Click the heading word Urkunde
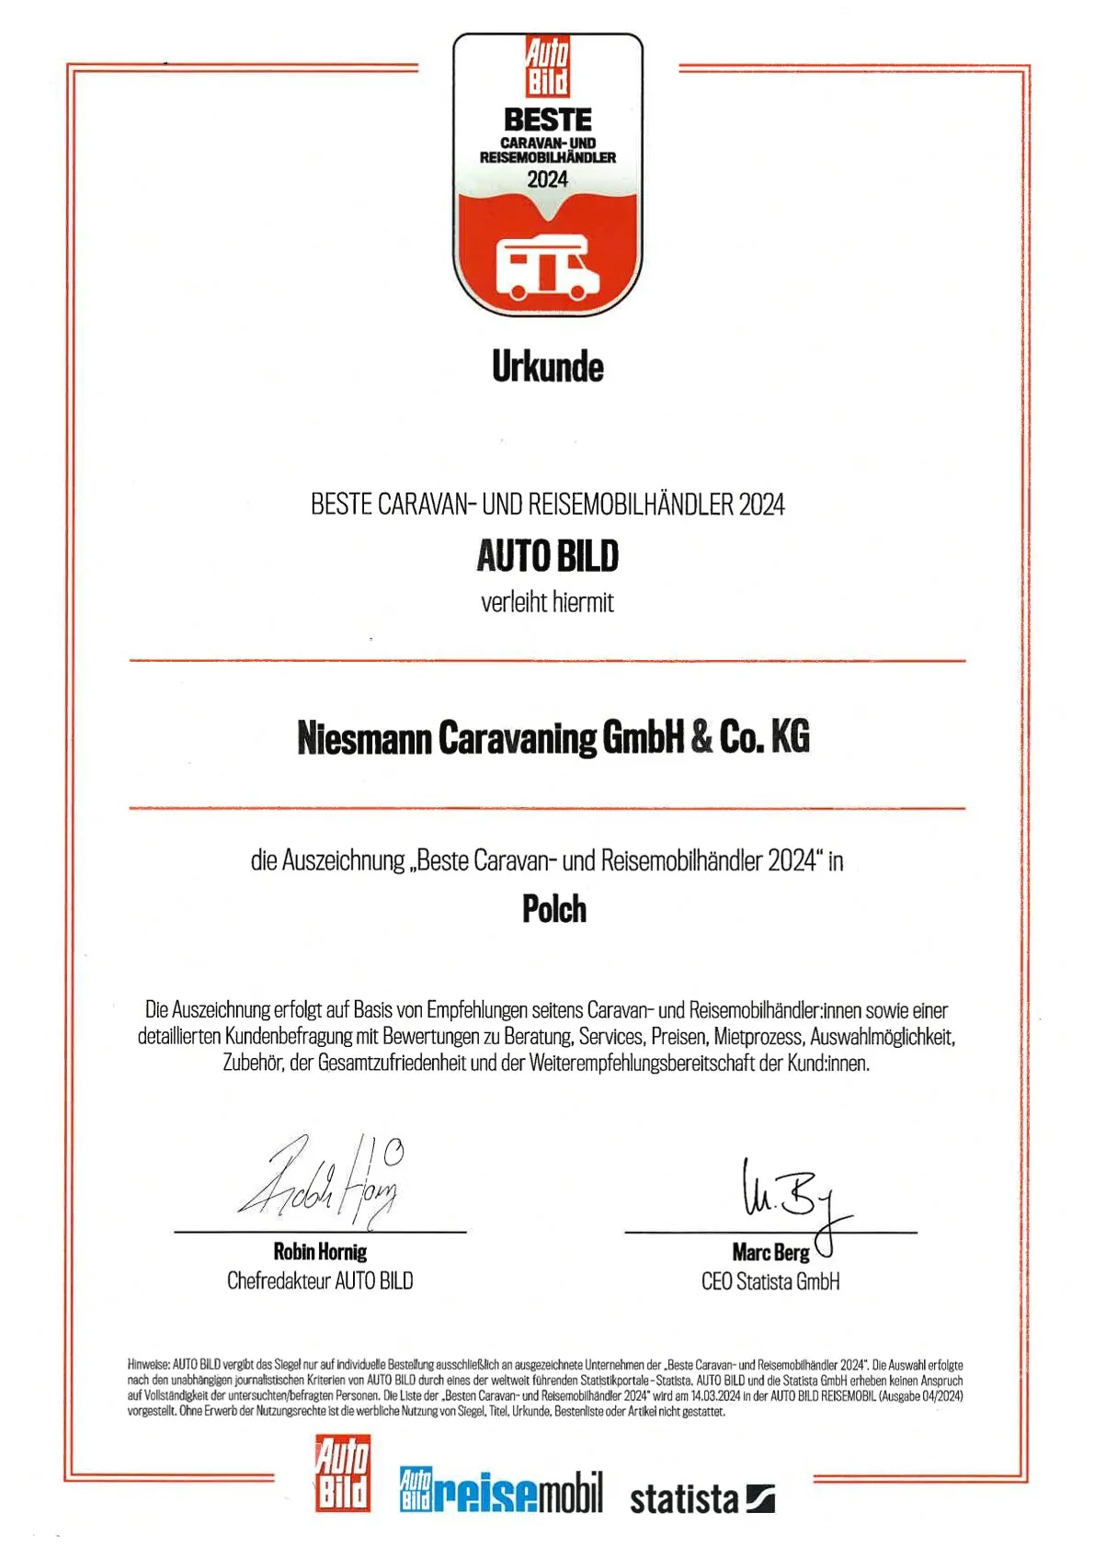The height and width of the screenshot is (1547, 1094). (x=547, y=368)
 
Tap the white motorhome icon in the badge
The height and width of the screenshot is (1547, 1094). (x=547, y=268)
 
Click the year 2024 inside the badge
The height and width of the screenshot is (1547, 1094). (x=547, y=179)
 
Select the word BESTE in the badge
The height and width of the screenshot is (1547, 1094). (x=547, y=119)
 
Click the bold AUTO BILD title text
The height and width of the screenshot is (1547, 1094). (x=547, y=556)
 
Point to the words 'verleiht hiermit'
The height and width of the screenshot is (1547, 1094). (x=547, y=603)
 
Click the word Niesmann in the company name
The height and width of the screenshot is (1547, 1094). (x=364, y=738)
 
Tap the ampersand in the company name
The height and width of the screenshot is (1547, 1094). (x=701, y=737)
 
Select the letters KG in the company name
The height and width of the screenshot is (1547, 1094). (x=790, y=737)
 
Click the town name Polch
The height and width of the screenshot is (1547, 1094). (x=553, y=910)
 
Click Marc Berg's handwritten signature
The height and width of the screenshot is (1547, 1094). (x=791, y=1195)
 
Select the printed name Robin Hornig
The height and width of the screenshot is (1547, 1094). (x=320, y=1252)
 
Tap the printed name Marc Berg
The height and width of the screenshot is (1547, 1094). (x=770, y=1253)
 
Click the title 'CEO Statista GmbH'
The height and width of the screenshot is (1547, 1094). (x=770, y=1281)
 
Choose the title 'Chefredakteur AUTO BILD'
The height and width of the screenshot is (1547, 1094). (x=320, y=1280)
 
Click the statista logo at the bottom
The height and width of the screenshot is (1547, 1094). (x=701, y=1498)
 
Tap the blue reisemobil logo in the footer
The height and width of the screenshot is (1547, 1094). (x=501, y=1492)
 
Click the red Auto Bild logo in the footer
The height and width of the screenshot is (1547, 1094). (x=343, y=1473)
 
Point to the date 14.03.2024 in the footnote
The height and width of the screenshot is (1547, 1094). (x=715, y=1395)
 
